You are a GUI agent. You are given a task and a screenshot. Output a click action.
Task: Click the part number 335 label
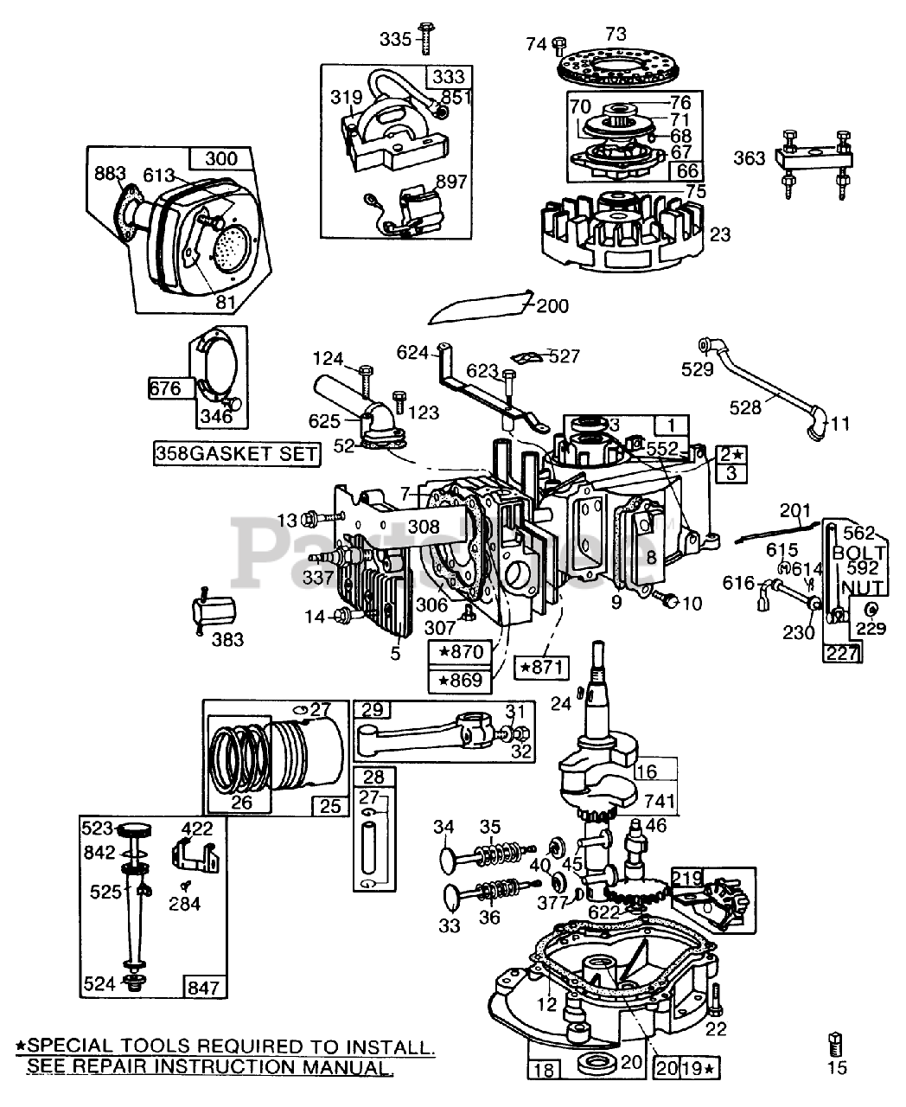point(396,39)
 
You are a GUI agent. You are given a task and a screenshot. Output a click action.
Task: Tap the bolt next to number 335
point(426,38)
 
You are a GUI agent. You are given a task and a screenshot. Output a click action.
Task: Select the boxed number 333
point(449,77)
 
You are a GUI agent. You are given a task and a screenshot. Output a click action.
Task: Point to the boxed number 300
point(220,158)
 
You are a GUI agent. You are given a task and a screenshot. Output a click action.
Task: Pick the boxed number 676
point(165,388)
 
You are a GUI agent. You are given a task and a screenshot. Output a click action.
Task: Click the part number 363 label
point(750,158)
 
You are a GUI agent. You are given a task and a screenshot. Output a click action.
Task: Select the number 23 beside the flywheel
point(720,234)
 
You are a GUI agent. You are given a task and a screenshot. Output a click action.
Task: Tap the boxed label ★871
point(541,667)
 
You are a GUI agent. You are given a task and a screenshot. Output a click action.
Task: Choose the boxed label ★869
point(460,681)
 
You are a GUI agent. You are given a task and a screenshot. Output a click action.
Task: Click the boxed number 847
point(203,988)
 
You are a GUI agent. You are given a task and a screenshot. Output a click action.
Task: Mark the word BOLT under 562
point(858,553)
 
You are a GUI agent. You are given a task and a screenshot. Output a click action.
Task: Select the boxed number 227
point(842,653)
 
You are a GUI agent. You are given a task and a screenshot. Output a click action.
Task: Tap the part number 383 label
point(227,639)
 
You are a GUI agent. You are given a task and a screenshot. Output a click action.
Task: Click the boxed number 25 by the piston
point(330,806)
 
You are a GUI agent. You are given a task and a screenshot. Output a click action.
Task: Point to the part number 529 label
point(697,369)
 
